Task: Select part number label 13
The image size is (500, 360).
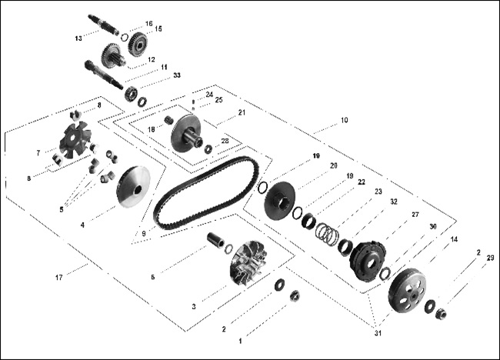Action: click(x=78, y=38)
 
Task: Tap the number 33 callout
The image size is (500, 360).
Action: click(x=177, y=75)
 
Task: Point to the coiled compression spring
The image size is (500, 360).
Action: click(x=326, y=233)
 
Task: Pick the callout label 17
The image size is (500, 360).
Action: click(x=59, y=278)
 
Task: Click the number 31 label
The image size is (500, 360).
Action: click(x=378, y=334)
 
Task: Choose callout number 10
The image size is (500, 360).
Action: click(x=345, y=121)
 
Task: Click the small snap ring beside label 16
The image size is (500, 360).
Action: click(x=125, y=37)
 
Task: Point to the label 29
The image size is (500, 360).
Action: click(x=491, y=258)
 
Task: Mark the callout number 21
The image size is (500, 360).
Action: click(x=242, y=113)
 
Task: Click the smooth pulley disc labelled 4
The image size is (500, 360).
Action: click(x=133, y=187)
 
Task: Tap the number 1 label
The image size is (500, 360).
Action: click(x=241, y=342)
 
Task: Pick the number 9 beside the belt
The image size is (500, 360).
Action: click(x=144, y=234)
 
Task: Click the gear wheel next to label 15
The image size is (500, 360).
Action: click(x=138, y=44)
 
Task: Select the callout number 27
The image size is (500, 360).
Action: click(x=415, y=215)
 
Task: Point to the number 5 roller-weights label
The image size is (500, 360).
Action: click(x=62, y=209)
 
